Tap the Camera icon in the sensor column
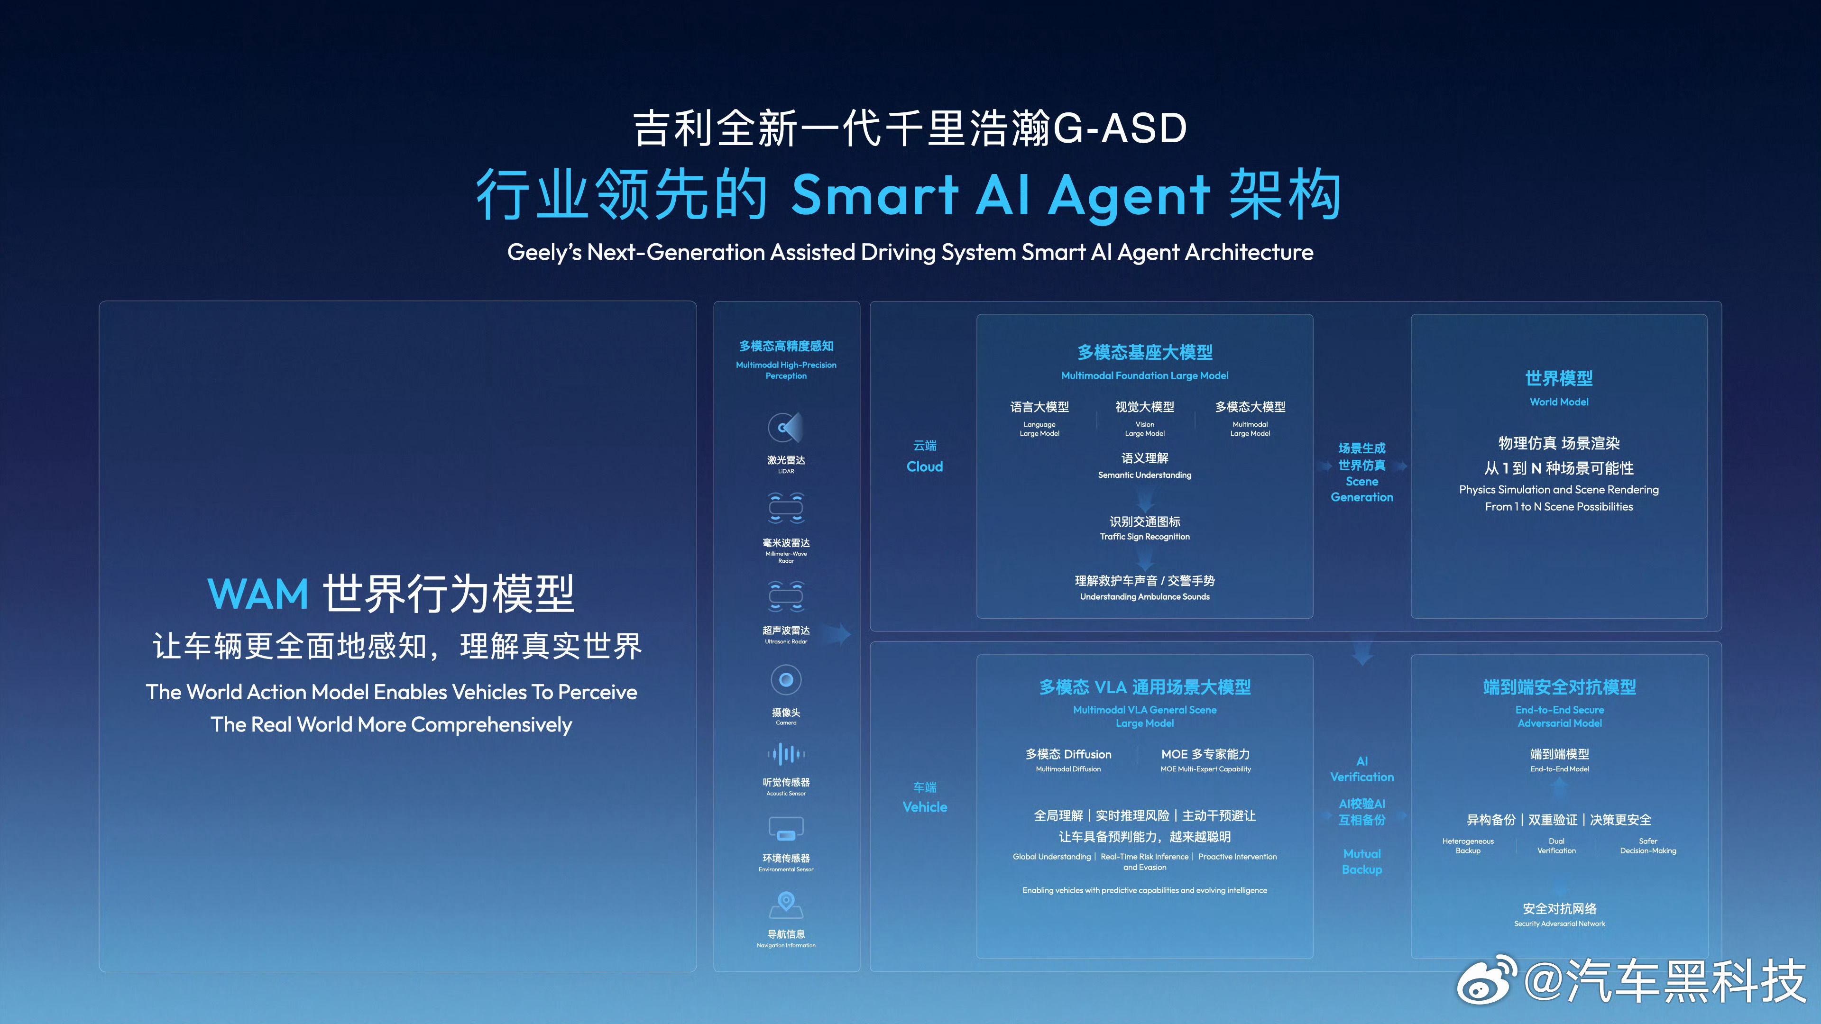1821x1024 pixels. click(x=785, y=680)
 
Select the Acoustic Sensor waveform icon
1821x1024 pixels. click(x=785, y=754)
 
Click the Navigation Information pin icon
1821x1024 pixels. click(x=785, y=903)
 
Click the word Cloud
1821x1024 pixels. click(x=925, y=466)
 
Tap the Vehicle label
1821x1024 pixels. click(x=925, y=807)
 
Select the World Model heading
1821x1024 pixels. click(x=1559, y=379)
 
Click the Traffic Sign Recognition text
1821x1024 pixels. click(x=1144, y=536)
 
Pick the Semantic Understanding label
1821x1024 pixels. click(x=1144, y=475)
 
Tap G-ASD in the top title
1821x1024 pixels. click(x=1120, y=128)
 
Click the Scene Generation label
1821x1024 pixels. click(x=1361, y=489)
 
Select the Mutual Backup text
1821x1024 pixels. click(x=1361, y=861)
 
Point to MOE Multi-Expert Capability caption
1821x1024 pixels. click(x=1205, y=769)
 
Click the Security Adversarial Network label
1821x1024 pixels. click(x=1559, y=923)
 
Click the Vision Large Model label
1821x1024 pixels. click(x=1144, y=429)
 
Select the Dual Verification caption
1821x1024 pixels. click(x=1556, y=846)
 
